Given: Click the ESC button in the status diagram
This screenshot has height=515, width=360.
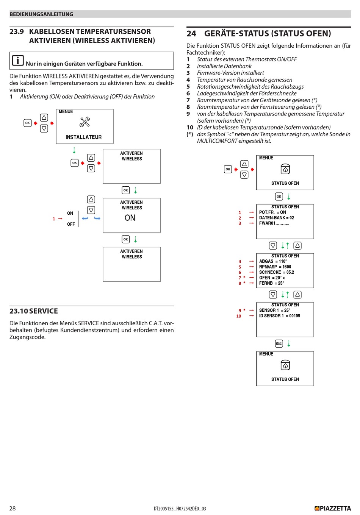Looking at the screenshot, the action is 279,343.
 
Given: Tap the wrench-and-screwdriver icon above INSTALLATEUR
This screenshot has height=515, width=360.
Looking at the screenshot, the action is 85,122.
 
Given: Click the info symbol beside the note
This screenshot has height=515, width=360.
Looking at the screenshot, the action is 18,61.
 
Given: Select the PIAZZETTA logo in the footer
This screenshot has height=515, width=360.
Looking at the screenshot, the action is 333,508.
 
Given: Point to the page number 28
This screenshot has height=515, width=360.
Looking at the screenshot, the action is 13,508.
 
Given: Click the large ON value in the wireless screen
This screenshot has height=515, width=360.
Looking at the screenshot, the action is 130,218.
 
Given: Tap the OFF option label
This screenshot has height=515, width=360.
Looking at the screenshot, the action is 71,224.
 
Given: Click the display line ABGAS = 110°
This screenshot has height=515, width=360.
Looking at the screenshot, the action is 273,261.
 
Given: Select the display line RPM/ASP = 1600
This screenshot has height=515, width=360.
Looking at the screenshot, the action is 275,267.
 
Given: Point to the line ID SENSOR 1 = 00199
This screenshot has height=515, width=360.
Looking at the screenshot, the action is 280,316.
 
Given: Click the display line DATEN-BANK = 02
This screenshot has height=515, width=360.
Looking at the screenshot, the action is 276,218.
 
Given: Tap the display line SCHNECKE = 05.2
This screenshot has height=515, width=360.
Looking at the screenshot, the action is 277,272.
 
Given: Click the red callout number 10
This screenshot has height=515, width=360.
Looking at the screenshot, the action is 238,316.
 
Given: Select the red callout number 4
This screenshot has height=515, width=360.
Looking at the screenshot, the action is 240,262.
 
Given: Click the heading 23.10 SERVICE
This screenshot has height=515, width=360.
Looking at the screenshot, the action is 34,311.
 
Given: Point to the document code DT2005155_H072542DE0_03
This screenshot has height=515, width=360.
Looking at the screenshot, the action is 180,509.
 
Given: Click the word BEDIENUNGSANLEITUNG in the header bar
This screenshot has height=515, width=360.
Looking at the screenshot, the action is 41,14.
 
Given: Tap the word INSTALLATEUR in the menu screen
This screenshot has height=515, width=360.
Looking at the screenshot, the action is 83,137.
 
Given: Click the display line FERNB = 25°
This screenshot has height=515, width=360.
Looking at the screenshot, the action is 271,283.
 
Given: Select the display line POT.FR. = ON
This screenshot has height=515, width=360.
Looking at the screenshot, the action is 272,212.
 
